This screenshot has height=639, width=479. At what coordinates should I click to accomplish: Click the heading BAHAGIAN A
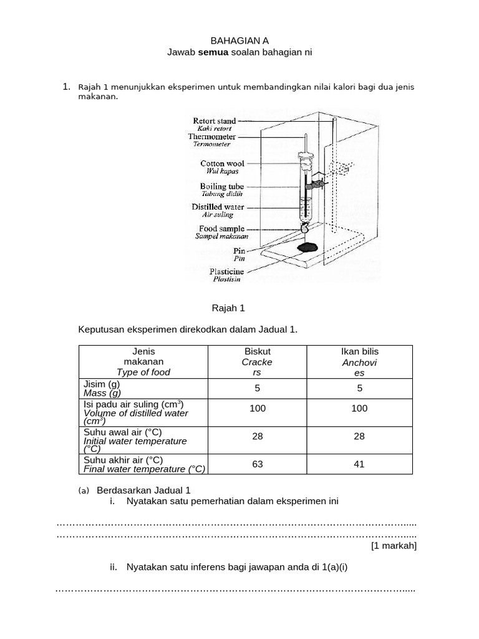click(239, 41)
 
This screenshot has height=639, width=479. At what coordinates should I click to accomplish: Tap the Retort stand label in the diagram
click(214, 121)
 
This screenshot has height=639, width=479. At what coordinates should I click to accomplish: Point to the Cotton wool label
click(222, 163)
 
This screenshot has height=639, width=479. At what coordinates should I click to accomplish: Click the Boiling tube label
click(222, 186)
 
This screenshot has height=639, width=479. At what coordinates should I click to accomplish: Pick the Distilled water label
click(218, 207)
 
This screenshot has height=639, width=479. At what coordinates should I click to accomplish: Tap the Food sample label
click(221, 229)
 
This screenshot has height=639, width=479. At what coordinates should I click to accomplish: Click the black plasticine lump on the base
click(306, 248)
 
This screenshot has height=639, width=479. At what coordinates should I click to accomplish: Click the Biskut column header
click(258, 351)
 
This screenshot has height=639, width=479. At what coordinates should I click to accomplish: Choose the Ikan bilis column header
click(359, 351)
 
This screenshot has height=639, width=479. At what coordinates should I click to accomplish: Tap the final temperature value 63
click(258, 464)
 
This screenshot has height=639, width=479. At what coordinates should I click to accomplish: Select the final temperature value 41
click(359, 464)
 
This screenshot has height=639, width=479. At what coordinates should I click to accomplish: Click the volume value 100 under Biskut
click(258, 408)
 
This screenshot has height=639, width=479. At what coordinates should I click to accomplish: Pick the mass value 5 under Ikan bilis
click(359, 388)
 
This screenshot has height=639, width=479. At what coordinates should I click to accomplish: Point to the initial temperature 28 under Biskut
click(258, 436)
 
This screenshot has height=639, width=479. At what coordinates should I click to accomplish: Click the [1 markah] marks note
click(394, 546)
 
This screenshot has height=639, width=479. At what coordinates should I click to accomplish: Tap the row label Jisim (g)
click(101, 384)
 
